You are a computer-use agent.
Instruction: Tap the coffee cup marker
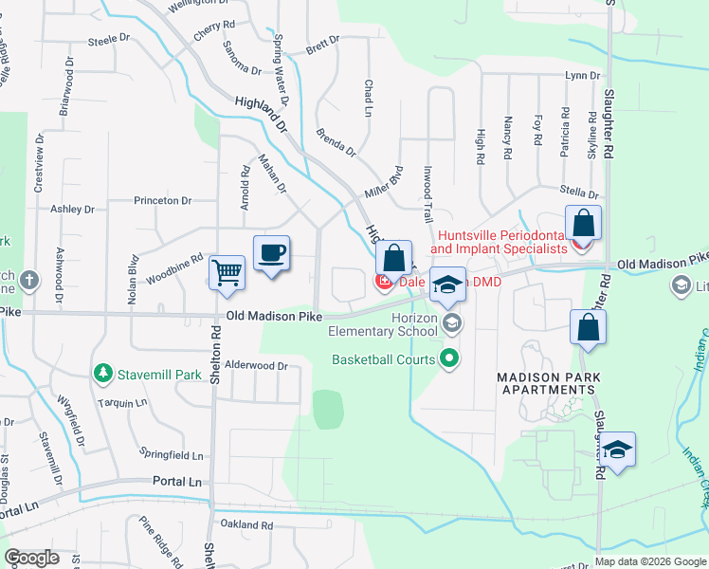click(271, 253)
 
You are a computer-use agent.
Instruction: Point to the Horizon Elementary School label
click(382, 325)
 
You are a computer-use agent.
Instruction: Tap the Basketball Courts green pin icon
click(450, 358)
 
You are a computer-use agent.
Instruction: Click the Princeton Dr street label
click(162, 201)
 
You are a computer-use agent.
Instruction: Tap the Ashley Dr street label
click(73, 209)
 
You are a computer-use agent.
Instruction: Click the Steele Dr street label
click(108, 40)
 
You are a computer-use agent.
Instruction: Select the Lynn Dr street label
click(582, 75)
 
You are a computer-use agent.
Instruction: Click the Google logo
click(31, 558)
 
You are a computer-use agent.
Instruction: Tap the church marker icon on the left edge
click(30, 280)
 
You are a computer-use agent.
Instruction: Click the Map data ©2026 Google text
click(650, 560)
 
